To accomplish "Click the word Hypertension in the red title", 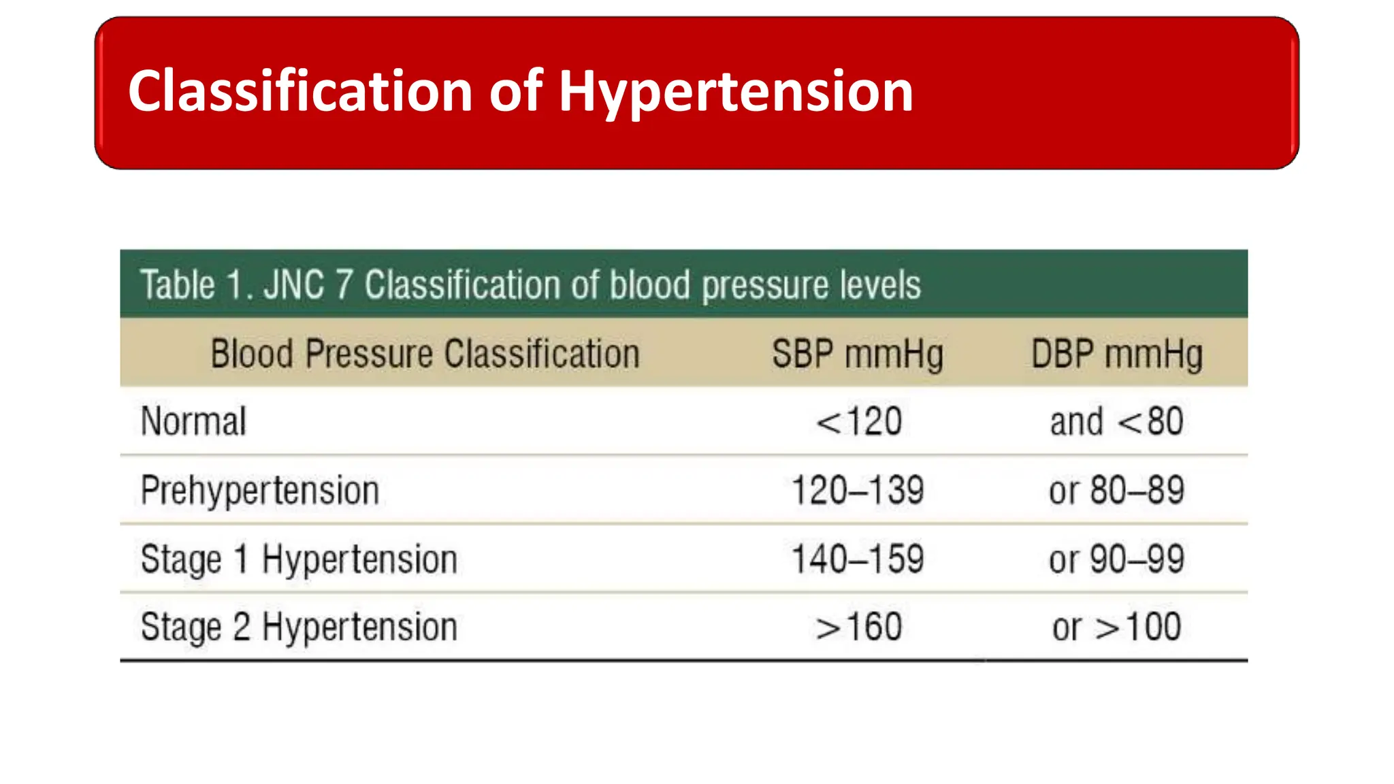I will pos(735,93).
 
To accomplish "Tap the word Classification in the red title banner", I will pos(300,91).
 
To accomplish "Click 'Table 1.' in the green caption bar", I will pos(197,284).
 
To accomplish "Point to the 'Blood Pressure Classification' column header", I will pos(425,354).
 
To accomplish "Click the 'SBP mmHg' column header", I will pos(858,355).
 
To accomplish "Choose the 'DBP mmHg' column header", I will pos(1116,355).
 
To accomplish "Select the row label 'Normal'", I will pos(193,421).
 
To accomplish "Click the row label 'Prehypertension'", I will pos(259,491).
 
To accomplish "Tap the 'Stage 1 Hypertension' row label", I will pos(299,559).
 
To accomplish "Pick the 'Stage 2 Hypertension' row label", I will pos(299,627).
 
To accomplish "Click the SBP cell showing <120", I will pos(859,421).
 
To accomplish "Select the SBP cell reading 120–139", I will pos(858,490).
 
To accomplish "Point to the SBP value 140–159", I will pos(858,559).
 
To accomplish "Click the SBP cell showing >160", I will pos(859,627).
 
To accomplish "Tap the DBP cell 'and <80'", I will pos(1116,421).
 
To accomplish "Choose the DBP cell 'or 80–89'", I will pos(1116,490).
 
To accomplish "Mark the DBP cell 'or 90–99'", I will pos(1116,559).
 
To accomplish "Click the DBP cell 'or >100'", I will pos(1116,627).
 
